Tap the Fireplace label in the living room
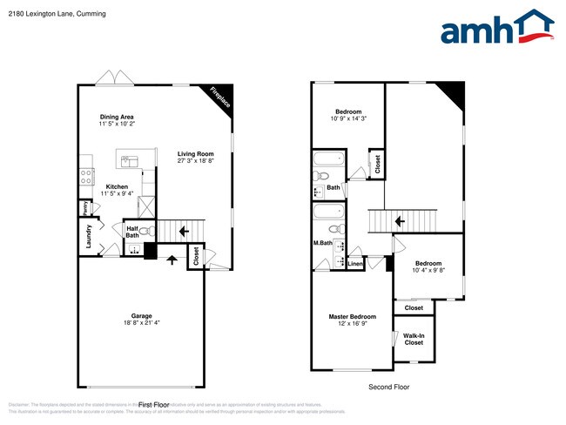[x=221, y=99]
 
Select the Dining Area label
[x=117, y=117]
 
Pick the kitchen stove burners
[x=86, y=174]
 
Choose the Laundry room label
[x=88, y=236]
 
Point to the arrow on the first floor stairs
[x=184, y=232]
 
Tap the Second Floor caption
[x=388, y=387]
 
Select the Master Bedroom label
[x=352, y=316]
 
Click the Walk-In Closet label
[x=414, y=339]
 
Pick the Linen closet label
[x=355, y=263]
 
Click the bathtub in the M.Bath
[x=328, y=212]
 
